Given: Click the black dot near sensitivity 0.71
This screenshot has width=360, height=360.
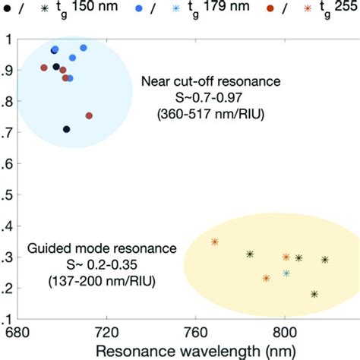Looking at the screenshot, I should click(x=67, y=129).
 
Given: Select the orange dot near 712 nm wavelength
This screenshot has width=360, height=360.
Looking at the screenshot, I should click(x=89, y=115).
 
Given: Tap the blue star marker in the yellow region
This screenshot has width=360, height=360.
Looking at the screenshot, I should click(x=286, y=273).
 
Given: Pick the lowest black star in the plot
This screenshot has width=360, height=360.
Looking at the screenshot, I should click(x=314, y=293).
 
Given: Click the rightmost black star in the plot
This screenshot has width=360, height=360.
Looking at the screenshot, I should click(x=325, y=259).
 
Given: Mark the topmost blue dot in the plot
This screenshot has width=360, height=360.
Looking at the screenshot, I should click(x=84, y=48).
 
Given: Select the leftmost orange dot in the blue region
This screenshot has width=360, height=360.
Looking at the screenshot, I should click(x=44, y=68).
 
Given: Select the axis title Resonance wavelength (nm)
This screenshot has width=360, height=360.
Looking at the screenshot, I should click(x=172, y=350).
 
